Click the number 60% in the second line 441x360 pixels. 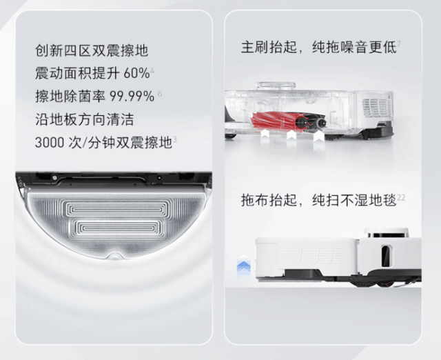136,73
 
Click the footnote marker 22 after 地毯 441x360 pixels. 402,197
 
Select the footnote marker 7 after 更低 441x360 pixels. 399,43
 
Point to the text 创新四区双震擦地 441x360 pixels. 91,51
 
